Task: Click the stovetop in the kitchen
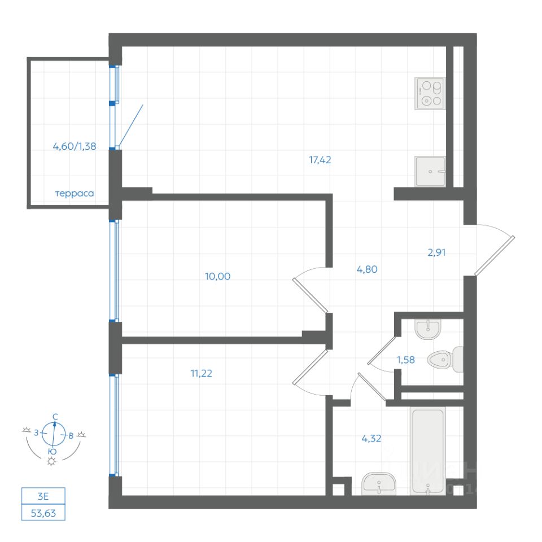coord(430,94)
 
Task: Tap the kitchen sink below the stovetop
coord(430,171)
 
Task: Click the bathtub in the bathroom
coord(428,451)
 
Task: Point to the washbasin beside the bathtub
coord(378,484)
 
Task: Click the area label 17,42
coord(320,160)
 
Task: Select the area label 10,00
coord(220,276)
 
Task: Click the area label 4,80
coord(366,269)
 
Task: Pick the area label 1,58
coord(405,360)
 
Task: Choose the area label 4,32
coord(370,438)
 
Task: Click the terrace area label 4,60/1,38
coord(75,146)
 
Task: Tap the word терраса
coord(74,193)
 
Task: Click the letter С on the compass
coord(55,417)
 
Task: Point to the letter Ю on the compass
coord(52,452)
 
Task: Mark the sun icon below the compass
coord(52,462)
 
